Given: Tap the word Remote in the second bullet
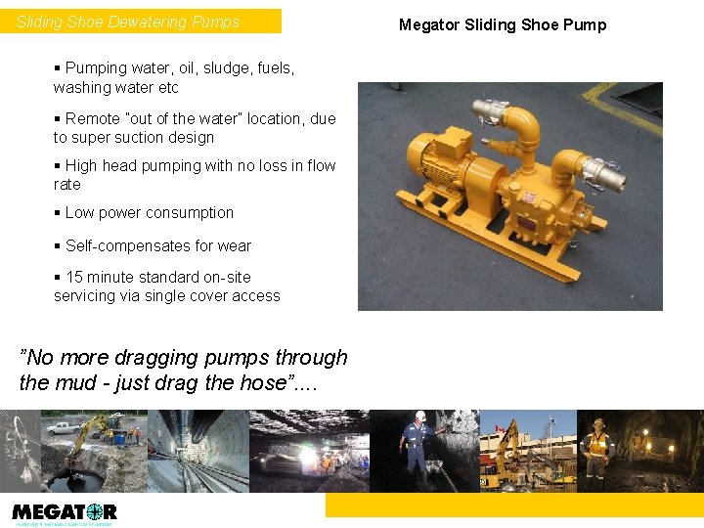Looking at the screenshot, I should click(x=92, y=118).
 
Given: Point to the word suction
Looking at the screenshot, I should click(x=134, y=137).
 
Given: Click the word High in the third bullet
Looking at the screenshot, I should click(x=81, y=165).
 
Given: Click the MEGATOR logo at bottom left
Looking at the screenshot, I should click(x=65, y=511).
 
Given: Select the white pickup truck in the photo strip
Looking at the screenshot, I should click(x=63, y=427).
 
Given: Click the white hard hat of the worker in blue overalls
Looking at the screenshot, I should click(x=420, y=416).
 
